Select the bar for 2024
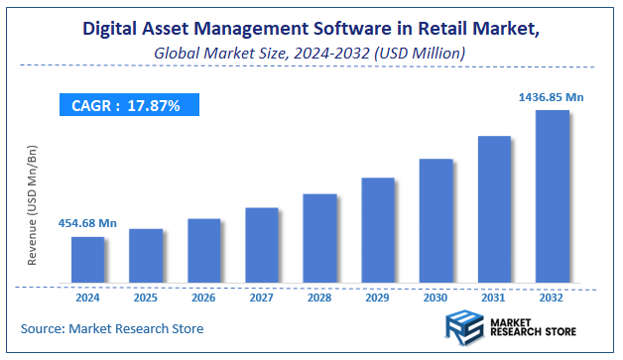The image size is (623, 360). [87, 260]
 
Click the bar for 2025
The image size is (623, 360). [146, 256]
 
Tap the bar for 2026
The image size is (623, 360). [204, 251]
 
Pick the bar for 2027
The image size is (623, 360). [262, 245]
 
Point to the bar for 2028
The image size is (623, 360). [320, 239]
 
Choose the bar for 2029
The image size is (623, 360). [378, 231]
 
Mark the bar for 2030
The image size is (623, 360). [436, 221]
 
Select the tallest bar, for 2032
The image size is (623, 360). [553, 197]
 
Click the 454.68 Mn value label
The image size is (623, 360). [87, 224]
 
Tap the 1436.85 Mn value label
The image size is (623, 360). [554, 97]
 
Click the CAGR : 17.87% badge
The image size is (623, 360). [127, 105]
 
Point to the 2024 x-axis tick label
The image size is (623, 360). [87, 297]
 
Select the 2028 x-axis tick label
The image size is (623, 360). [320, 297]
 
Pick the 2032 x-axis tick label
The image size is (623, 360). [553, 297]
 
